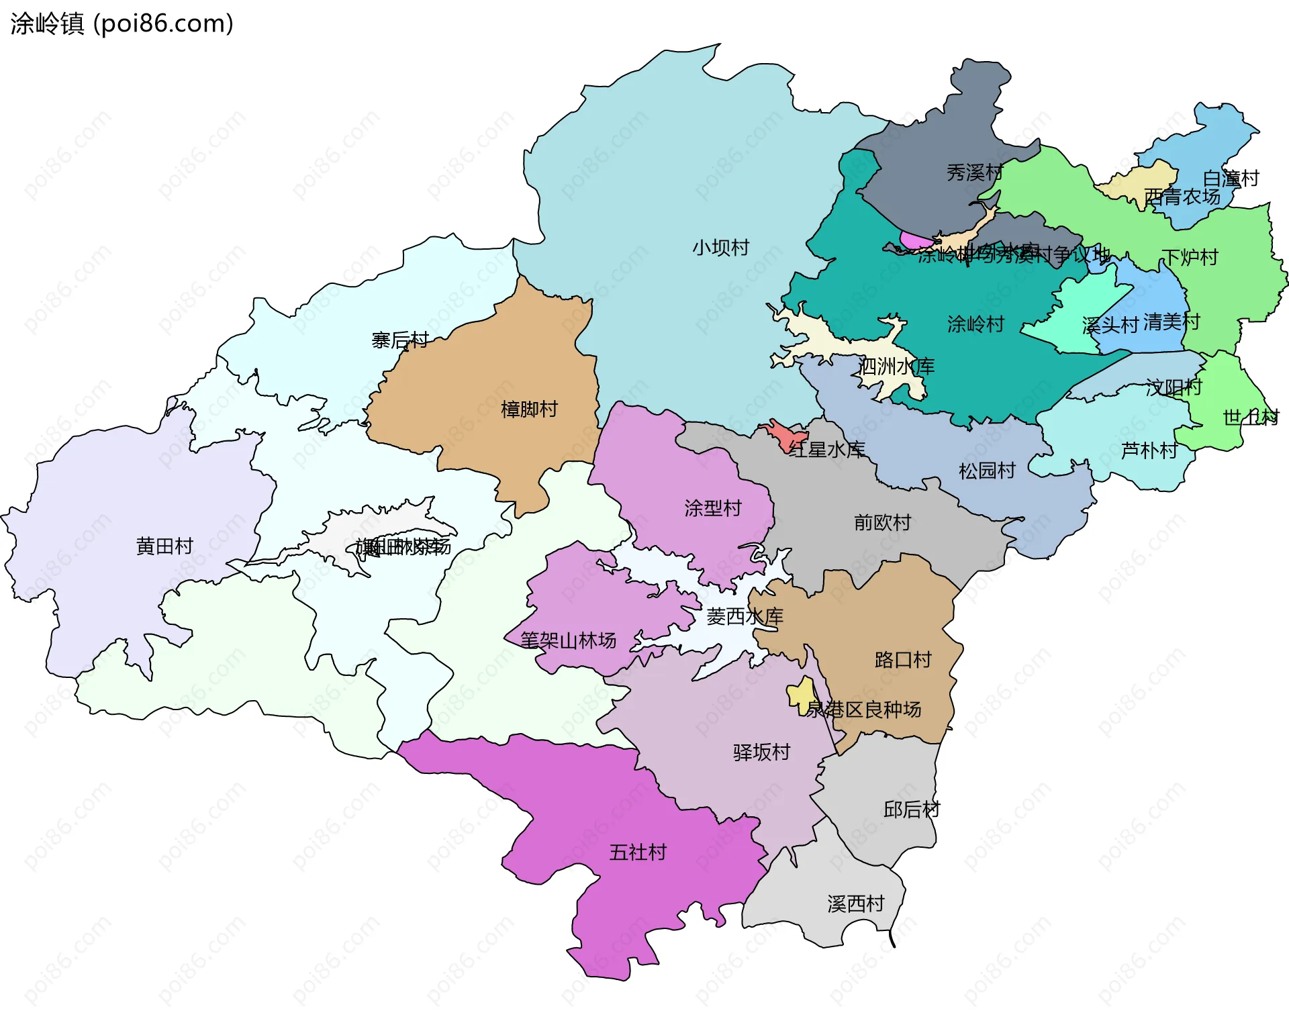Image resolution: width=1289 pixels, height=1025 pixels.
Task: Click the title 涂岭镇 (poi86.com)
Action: (x=122, y=23)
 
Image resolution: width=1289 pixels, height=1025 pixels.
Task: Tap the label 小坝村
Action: (x=720, y=248)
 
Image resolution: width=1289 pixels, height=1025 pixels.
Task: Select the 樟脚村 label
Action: (x=529, y=409)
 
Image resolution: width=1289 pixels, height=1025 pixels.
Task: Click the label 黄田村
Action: (x=164, y=546)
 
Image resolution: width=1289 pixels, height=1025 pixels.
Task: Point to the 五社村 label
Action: (x=637, y=852)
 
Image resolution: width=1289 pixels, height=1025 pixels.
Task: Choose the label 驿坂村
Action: (x=761, y=752)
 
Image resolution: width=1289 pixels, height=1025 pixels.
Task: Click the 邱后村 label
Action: (x=911, y=810)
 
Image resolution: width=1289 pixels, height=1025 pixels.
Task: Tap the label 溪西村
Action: (x=856, y=904)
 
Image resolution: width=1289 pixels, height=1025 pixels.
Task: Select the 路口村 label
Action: (x=903, y=660)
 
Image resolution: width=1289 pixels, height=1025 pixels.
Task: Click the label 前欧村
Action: (x=882, y=522)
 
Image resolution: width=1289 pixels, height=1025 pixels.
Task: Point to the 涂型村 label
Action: (x=713, y=508)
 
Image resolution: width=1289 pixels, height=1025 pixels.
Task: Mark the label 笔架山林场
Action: (x=569, y=640)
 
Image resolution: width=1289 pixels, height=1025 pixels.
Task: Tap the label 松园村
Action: (x=987, y=471)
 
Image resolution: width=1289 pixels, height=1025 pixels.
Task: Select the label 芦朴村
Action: (x=1149, y=450)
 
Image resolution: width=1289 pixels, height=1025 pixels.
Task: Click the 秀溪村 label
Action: (x=974, y=173)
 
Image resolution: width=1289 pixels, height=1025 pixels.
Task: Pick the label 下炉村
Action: (x=1190, y=257)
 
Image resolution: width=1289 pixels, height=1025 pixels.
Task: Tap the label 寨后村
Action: (x=400, y=340)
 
